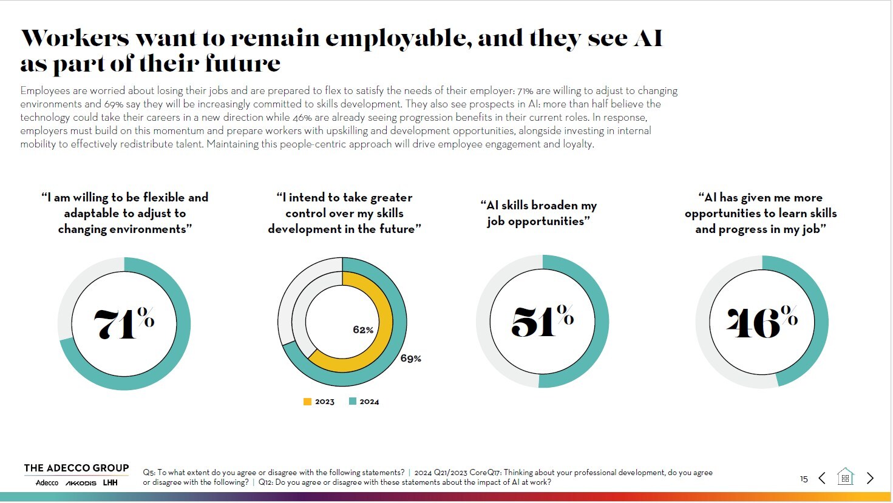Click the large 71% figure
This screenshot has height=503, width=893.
click(124, 323)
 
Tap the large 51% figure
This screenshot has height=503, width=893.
click(542, 321)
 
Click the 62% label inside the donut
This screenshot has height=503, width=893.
click(363, 330)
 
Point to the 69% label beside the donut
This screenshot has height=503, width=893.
click(410, 359)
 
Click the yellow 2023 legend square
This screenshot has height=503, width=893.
click(308, 402)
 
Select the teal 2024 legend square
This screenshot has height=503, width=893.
click(353, 402)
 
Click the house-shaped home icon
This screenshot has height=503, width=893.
click(845, 478)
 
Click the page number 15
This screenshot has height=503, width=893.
click(804, 479)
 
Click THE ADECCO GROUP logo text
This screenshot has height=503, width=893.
click(76, 468)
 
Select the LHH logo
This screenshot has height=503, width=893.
click(110, 483)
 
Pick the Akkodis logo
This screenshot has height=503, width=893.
click(81, 483)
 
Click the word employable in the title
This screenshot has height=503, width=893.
click(398, 38)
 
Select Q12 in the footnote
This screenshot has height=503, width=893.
click(265, 482)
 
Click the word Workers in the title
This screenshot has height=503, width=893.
click(75, 38)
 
